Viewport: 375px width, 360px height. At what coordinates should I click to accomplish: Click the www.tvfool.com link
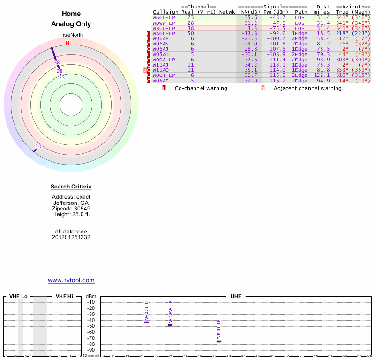click(71, 280)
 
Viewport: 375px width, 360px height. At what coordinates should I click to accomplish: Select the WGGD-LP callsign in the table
click(164, 17)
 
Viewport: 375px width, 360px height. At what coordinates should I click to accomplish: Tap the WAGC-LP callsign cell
click(164, 33)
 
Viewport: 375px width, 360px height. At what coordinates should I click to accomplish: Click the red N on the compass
click(67, 43)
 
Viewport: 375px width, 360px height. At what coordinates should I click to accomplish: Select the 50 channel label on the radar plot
click(38, 146)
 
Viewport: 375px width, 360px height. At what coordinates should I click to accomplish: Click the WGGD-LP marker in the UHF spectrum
click(146, 322)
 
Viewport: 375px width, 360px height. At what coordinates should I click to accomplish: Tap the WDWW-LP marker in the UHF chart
click(170, 325)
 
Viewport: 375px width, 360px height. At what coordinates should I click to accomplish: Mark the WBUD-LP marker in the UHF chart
click(218, 341)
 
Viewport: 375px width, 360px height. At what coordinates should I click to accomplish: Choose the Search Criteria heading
click(71, 187)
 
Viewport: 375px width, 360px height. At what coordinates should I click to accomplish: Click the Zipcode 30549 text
click(71, 209)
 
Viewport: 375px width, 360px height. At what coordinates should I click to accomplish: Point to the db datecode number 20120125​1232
click(71, 237)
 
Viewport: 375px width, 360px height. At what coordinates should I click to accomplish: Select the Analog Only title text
click(71, 24)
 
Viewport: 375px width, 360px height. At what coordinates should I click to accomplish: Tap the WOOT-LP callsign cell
click(164, 75)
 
